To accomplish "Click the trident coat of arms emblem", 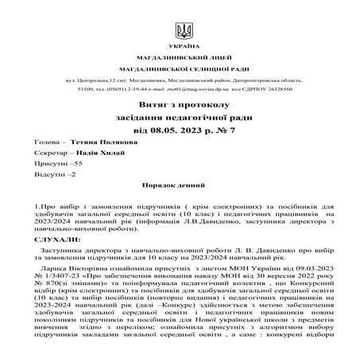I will tap(184, 33).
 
